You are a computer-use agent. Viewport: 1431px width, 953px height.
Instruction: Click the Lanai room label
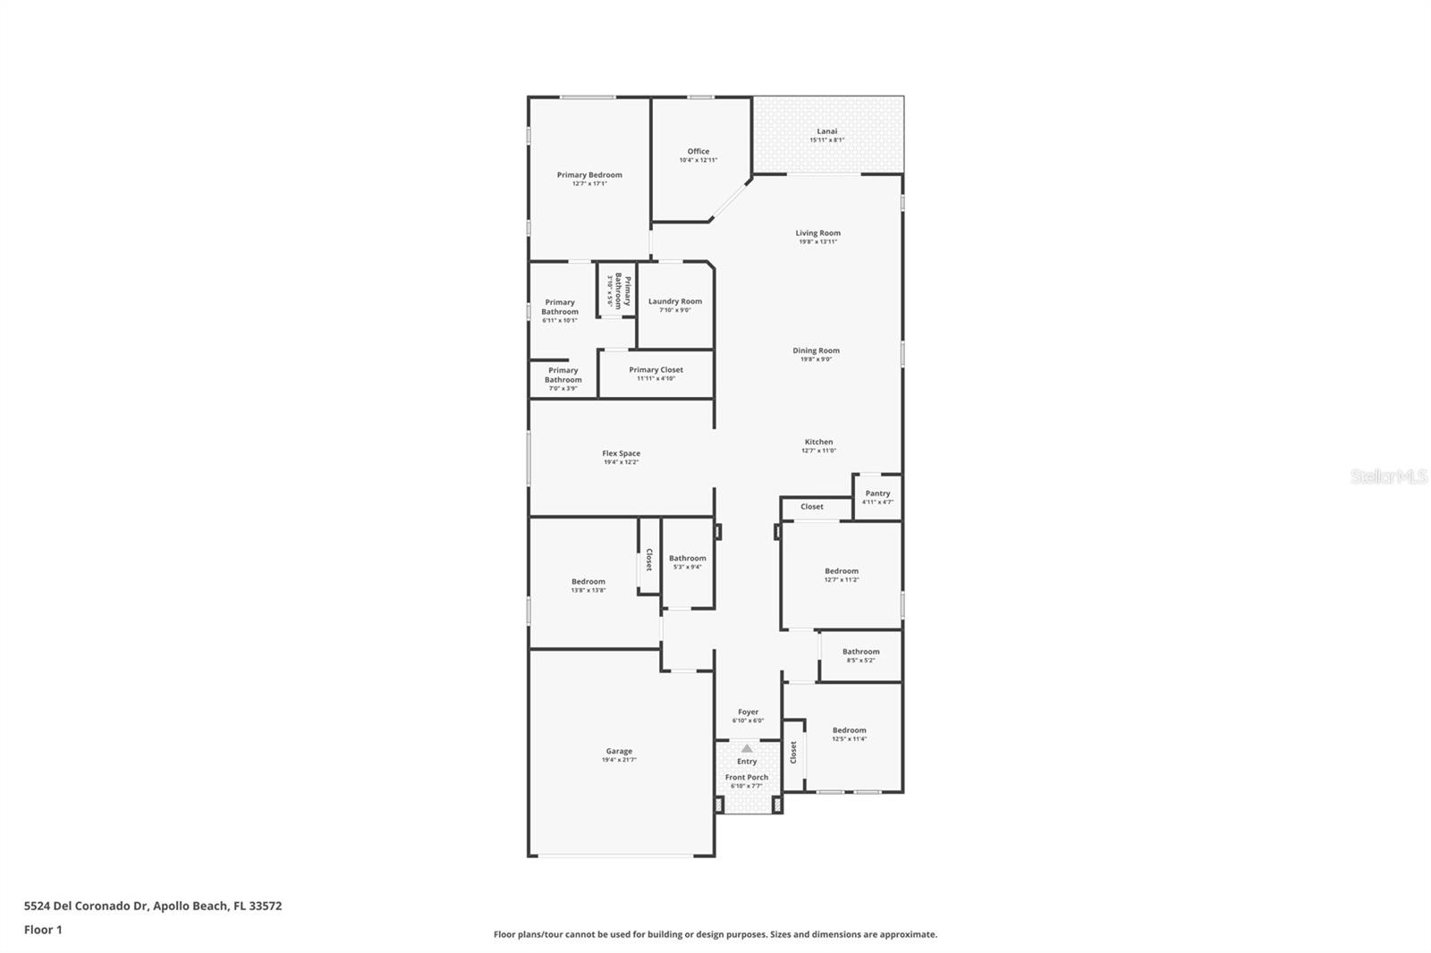[x=827, y=131]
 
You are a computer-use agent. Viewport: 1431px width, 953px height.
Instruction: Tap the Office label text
[x=699, y=151]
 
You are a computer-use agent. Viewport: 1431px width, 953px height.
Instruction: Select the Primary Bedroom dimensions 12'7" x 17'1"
[x=589, y=184]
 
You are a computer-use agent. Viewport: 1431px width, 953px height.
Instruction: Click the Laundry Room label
[x=675, y=301]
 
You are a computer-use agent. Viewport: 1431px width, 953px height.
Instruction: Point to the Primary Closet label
[x=656, y=369]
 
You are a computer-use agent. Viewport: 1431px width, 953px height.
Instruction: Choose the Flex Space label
[x=621, y=453]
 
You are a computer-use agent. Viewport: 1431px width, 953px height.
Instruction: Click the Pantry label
[x=877, y=493]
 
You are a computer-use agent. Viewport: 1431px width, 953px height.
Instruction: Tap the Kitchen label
[x=818, y=442]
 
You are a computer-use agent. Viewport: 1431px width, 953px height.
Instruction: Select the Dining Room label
[x=816, y=350]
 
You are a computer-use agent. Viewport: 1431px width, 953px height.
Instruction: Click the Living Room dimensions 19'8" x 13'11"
[x=817, y=241]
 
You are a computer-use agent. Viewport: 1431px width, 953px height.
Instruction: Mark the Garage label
[x=619, y=751]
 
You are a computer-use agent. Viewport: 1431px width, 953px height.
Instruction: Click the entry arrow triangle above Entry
[x=747, y=749]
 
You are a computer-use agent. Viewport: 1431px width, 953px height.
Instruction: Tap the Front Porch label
[x=747, y=777]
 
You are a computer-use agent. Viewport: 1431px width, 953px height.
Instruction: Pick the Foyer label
[x=748, y=712]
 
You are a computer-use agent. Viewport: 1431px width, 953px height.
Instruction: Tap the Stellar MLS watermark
[x=1389, y=476]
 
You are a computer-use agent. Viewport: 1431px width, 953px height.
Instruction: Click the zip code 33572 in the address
[x=267, y=906]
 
